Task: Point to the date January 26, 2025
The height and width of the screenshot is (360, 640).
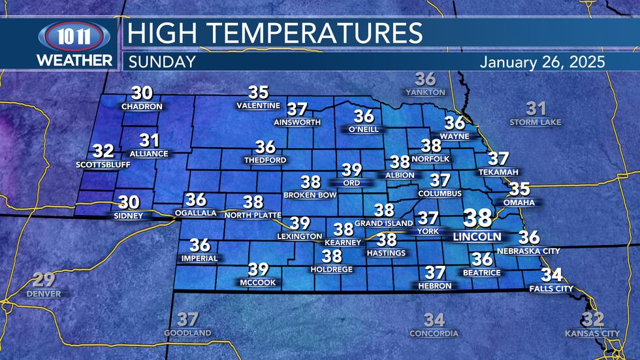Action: [543, 62]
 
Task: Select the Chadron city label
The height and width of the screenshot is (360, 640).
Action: [137, 106]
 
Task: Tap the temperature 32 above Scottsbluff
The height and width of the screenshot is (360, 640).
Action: [103, 151]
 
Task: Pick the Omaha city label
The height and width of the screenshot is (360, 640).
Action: [519, 203]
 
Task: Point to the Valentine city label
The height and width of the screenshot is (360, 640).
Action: [259, 106]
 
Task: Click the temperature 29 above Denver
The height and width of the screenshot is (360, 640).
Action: [44, 280]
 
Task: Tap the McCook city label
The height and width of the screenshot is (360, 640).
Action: [258, 282]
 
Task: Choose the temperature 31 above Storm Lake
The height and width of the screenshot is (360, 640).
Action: [536, 108]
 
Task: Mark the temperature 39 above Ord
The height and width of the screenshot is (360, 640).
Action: [351, 170]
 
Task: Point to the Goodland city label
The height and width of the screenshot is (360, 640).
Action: [187, 333]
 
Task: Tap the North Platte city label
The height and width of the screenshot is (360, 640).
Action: [253, 215]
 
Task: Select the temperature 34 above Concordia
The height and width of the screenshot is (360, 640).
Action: [434, 319]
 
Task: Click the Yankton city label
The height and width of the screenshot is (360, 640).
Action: [425, 92]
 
